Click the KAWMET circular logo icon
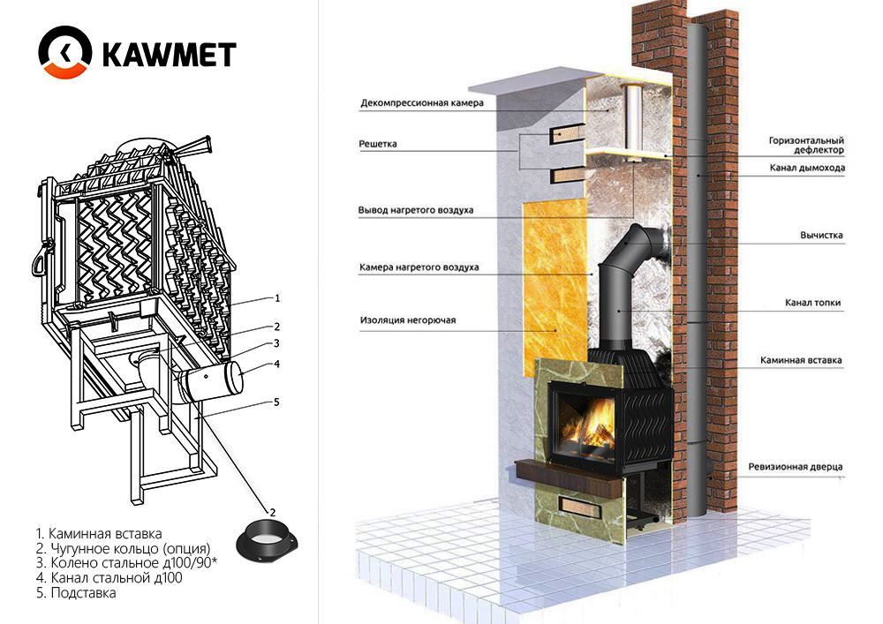pyautogui.click(x=64, y=52)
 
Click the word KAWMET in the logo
pyautogui.click(x=169, y=55)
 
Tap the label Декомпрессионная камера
pyautogui.click(x=422, y=103)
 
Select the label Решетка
pyautogui.click(x=378, y=144)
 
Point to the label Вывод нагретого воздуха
pyautogui.click(x=416, y=210)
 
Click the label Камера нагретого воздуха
pyautogui.click(x=419, y=267)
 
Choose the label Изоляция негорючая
pyautogui.click(x=408, y=320)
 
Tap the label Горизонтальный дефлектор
pyautogui.click(x=806, y=145)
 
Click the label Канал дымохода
pyautogui.click(x=807, y=168)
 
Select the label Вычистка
pyautogui.click(x=821, y=235)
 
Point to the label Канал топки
pyautogui.click(x=812, y=303)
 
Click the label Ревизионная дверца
pyautogui.click(x=796, y=466)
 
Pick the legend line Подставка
pyautogui.click(x=76, y=592)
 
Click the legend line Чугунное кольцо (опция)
pyautogui.click(x=123, y=548)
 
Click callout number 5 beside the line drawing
pyautogui.click(x=275, y=402)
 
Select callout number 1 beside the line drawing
pyautogui.click(x=276, y=298)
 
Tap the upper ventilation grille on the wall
pyautogui.click(x=567, y=134)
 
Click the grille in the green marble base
pyautogui.click(x=580, y=504)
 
